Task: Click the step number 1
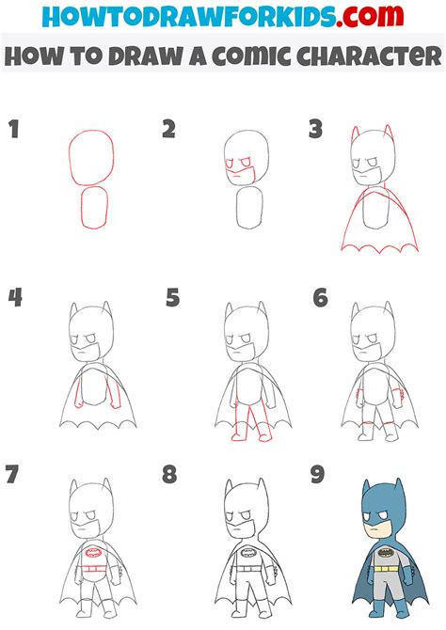pyautogui.click(x=13, y=130)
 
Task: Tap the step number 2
pyautogui.click(x=168, y=130)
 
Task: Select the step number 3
pyautogui.click(x=316, y=130)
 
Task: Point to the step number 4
pyautogui.click(x=14, y=299)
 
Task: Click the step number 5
pyautogui.click(x=172, y=299)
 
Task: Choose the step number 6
pyautogui.click(x=321, y=299)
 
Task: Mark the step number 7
pyautogui.click(x=14, y=473)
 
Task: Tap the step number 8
pyautogui.click(x=169, y=473)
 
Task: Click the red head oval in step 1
pyautogui.click(x=91, y=155)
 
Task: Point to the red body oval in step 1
pyautogui.click(x=94, y=209)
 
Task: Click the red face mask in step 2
pyautogui.click(x=239, y=170)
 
